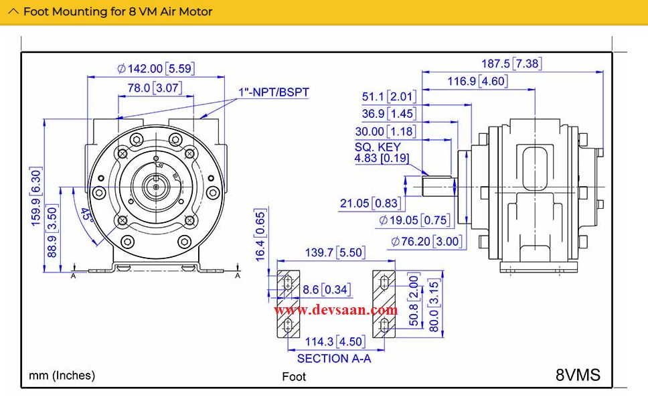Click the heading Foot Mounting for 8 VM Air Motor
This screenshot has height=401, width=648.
pyautogui.click(x=118, y=11)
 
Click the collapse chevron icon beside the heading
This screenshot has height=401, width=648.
pyautogui.click(x=13, y=11)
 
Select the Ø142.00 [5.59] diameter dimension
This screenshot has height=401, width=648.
pyautogui.click(x=155, y=68)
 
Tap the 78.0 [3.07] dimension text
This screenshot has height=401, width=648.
pyautogui.click(x=155, y=88)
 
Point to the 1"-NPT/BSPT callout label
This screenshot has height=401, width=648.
pyautogui.click(x=274, y=92)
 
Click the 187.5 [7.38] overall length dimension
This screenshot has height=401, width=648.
pyautogui.click(x=511, y=64)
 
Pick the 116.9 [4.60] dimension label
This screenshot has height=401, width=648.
pyautogui.click(x=477, y=82)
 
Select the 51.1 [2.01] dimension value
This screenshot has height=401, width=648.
pyautogui.click(x=389, y=97)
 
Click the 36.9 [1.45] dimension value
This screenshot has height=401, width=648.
pyautogui.click(x=389, y=114)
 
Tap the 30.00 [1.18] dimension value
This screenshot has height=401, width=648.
pyautogui.click(x=385, y=132)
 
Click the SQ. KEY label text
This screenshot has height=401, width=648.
pyautogui.click(x=378, y=147)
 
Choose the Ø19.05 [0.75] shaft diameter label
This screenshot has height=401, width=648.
pyautogui.click(x=414, y=220)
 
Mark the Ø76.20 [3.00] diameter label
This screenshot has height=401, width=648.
pyautogui.click(x=428, y=241)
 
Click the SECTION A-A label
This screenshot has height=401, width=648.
pyautogui.click(x=333, y=359)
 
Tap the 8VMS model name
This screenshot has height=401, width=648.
pyautogui.click(x=578, y=375)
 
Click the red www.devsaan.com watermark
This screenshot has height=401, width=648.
pyautogui.click(x=335, y=310)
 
